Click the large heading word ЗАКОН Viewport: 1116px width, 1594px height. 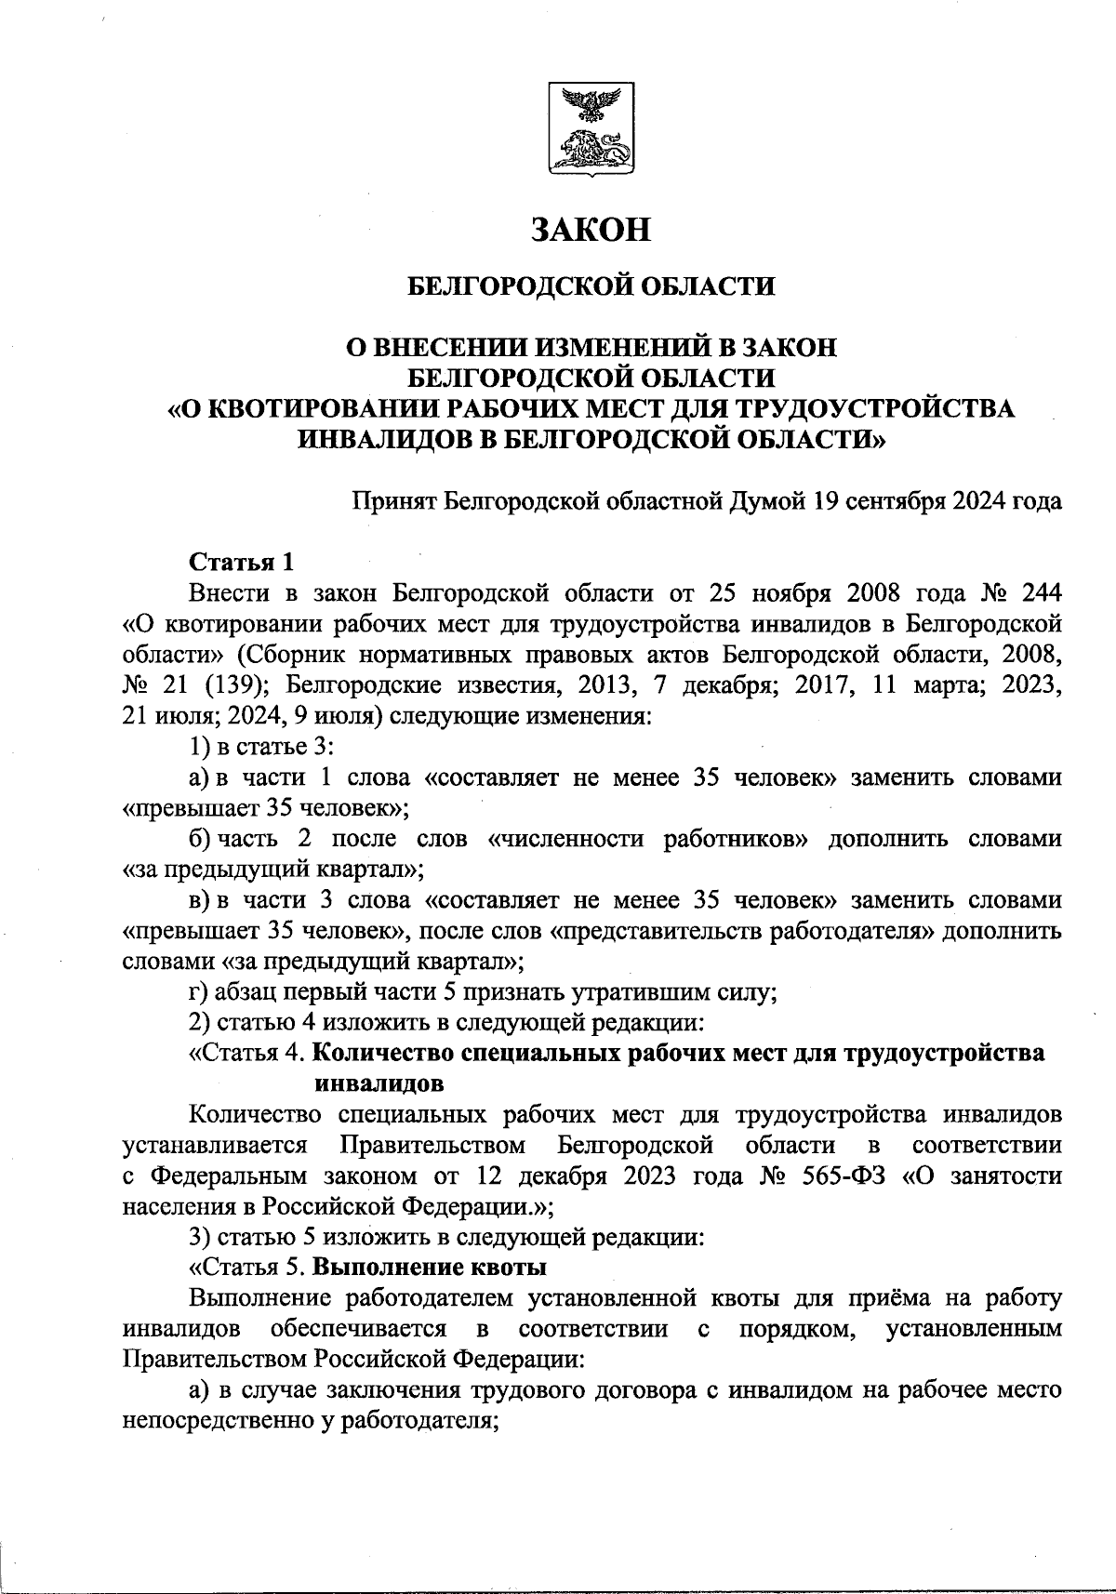click(x=591, y=229)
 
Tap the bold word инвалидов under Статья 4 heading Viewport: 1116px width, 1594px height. click(x=379, y=1083)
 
